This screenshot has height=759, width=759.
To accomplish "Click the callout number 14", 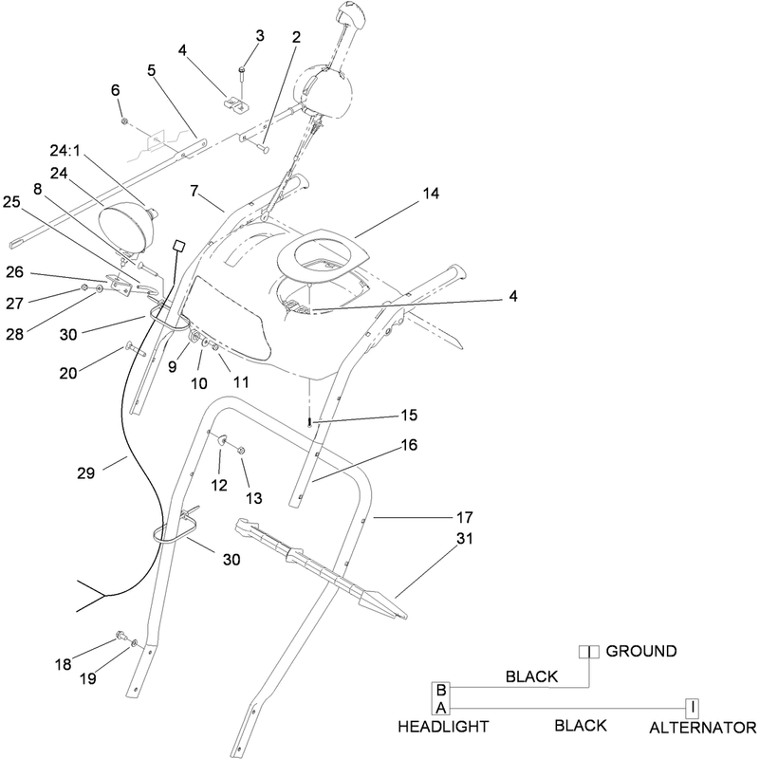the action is pyautogui.click(x=431, y=194).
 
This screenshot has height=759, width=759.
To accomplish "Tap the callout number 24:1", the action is pyautogui.click(x=65, y=151).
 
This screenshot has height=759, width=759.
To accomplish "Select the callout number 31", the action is pyautogui.click(x=465, y=538).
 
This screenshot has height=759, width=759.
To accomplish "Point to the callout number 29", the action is pyautogui.click(x=85, y=472).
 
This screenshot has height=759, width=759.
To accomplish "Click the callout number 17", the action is pyautogui.click(x=465, y=517).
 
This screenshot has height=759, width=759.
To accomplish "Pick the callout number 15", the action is pyautogui.click(x=409, y=416).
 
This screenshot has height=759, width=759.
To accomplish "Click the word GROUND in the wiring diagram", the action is pyautogui.click(x=641, y=651).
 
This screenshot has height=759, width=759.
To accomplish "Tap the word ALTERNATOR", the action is pyautogui.click(x=702, y=728).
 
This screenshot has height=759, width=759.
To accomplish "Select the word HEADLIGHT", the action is pyautogui.click(x=443, y=727).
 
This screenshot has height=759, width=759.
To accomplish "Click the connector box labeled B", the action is pyautogui.click(x=441, y=690).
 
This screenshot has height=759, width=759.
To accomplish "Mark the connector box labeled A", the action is pyautogui.click(x=441, y=707).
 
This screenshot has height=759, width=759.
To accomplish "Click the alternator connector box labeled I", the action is pyautogui.click(x=693, y=709).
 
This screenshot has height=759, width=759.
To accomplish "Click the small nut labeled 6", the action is pyautogui.click(x=124, y=120).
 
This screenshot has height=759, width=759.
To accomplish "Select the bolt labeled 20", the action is pyautogui.click(x=135, y=349).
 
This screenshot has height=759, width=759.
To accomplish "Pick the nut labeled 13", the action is pyautogui.click(x=242, y=450).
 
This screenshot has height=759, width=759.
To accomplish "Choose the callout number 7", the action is pyautogui.click(x=194, y=192).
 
